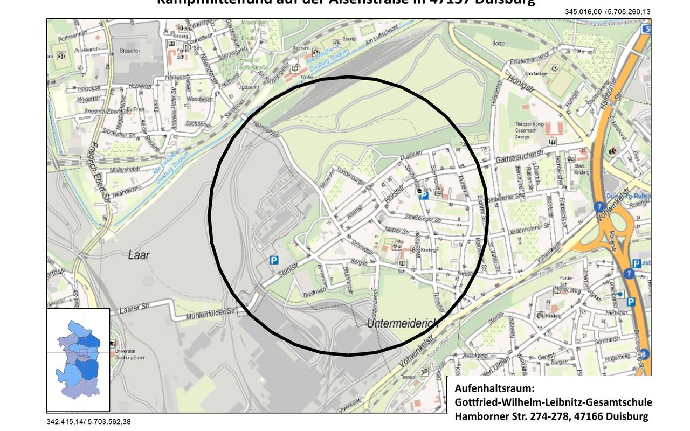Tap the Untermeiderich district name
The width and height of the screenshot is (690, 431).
(x=402, y=323)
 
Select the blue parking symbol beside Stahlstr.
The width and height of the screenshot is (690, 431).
(x=274, y=260)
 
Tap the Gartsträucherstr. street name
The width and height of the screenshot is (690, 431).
(x=522, y=156)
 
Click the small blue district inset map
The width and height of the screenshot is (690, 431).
(x=78, y=360)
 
